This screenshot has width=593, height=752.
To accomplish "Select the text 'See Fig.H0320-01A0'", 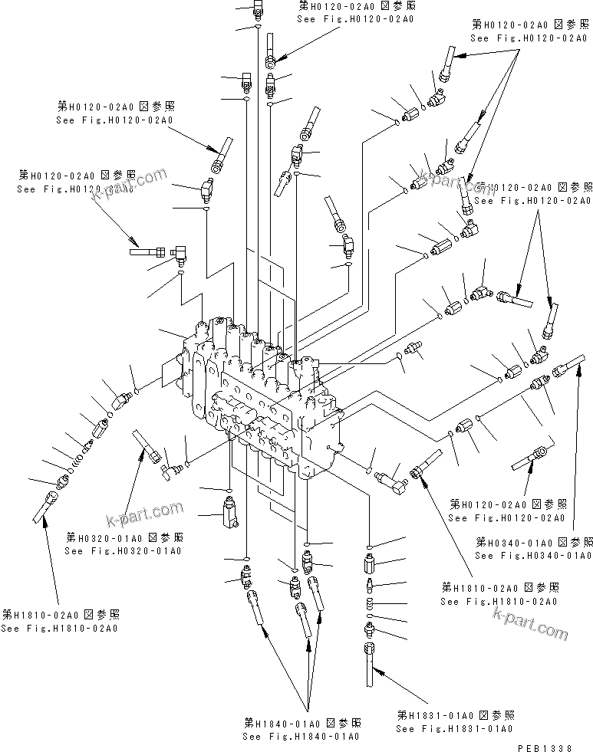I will click(x=124, y=550).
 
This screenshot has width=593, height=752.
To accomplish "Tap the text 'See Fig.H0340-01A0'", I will click(x=533, y=555).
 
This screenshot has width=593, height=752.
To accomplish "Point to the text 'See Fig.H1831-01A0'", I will click(x=455, y=728).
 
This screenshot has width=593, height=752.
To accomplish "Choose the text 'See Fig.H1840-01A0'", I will click(x=301, y=736).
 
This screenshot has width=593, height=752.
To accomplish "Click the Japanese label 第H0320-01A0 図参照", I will click(x=124, y=537).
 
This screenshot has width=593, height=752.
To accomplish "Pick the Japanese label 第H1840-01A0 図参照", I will click(x=302, y=723).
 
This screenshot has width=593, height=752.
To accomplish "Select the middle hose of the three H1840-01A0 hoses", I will click(x=301, y=617).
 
